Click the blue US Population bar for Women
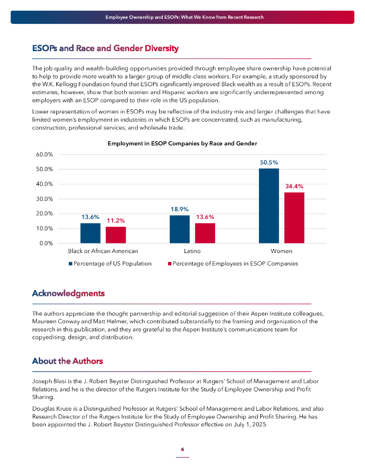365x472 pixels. [269, 206]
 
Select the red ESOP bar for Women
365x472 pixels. [294, 218]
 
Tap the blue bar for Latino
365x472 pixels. [180, 229]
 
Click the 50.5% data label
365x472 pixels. [269, 163]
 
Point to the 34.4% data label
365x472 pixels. [294, 186]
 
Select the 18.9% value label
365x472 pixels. [180, 209]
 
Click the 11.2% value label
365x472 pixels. [115, 221]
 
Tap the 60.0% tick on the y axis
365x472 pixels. [45, 154]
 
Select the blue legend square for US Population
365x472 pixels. [71, 264]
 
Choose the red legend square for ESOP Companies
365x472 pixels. [169, 264]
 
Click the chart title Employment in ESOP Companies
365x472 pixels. [182, 144]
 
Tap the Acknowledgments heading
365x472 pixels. [68, 294]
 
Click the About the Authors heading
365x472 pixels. [67, 361]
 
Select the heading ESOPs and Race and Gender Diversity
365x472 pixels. [105, 48]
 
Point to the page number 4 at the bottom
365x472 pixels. [182, 449]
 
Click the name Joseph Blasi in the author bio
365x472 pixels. [48, 382]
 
